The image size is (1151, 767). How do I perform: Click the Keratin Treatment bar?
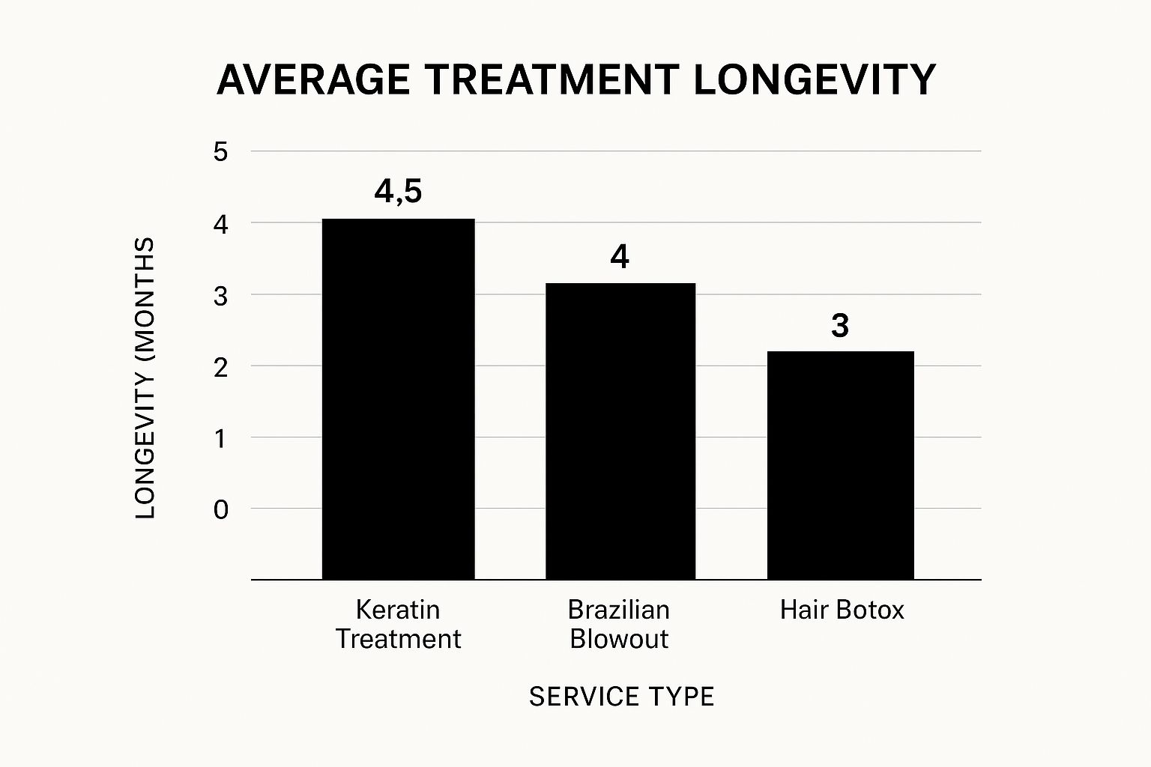click(x=398, y=398)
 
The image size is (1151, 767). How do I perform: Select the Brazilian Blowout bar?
click(x=620, y=431)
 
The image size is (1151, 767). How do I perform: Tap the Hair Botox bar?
click(x=840, y=464)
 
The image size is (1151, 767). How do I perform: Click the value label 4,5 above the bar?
click(x=398, y=192)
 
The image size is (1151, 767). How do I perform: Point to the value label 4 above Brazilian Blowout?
click(x=619, y=258)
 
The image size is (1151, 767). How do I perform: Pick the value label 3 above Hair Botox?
click(x=840, y=326)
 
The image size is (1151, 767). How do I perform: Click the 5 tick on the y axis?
click(x=220, y=152)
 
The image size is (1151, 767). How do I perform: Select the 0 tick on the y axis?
click(x=220, y=510)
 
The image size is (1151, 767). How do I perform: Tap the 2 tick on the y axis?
click(x=220, y=367)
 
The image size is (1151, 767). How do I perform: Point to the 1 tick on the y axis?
click(x=220, y=438)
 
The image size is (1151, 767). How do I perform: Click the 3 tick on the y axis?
click(x=220, y=296)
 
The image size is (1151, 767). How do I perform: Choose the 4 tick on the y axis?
click(x=220, y=224)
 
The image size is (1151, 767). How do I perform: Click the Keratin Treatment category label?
click(x=398, y=624)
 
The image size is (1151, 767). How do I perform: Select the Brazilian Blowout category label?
click(x=619, y=624)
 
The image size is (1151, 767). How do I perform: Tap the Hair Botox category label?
click(x=842, y=610)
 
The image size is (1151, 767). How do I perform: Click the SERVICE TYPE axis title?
click(x=621, y=697)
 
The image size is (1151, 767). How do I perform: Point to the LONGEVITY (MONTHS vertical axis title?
click(x=145, y=378)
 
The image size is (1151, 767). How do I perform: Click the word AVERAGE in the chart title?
click(x=314, y=79)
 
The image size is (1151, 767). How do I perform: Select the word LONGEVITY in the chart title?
click(x=815, y=79)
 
